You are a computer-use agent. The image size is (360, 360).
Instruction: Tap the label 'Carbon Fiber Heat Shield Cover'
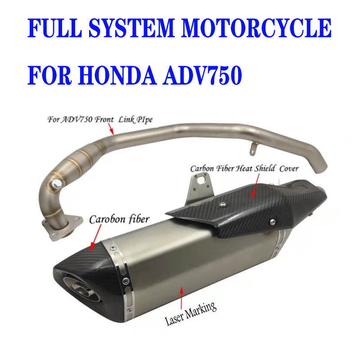244,169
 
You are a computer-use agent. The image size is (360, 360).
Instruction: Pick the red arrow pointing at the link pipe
111,129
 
